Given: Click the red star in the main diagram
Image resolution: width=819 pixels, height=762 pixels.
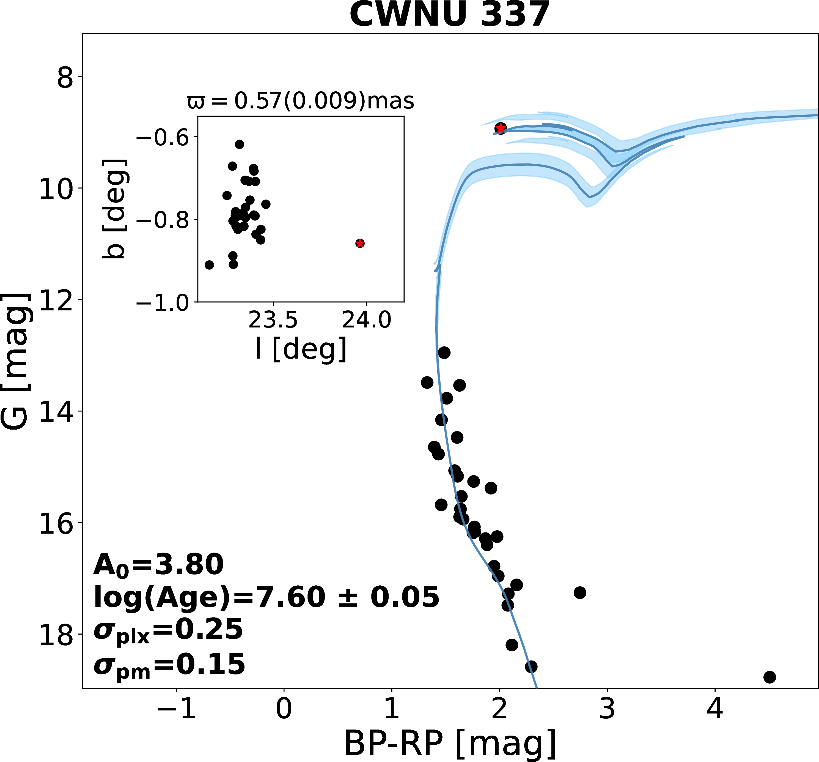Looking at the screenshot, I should click(x=500, y=128).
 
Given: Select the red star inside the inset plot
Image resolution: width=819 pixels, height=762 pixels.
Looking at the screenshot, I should click(x=360, y=243).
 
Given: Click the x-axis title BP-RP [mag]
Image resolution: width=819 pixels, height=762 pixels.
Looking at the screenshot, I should click(x=450, y=744).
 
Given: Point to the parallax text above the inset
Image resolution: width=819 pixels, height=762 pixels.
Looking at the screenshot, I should click(x=300, y=101).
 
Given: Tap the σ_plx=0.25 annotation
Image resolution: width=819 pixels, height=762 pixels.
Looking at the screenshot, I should click(x=168, y=630).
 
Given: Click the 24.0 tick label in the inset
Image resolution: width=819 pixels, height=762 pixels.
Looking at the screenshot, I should click(x=366, y=320).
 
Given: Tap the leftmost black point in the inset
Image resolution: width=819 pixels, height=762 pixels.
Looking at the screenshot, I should click(x=209, y=265).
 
